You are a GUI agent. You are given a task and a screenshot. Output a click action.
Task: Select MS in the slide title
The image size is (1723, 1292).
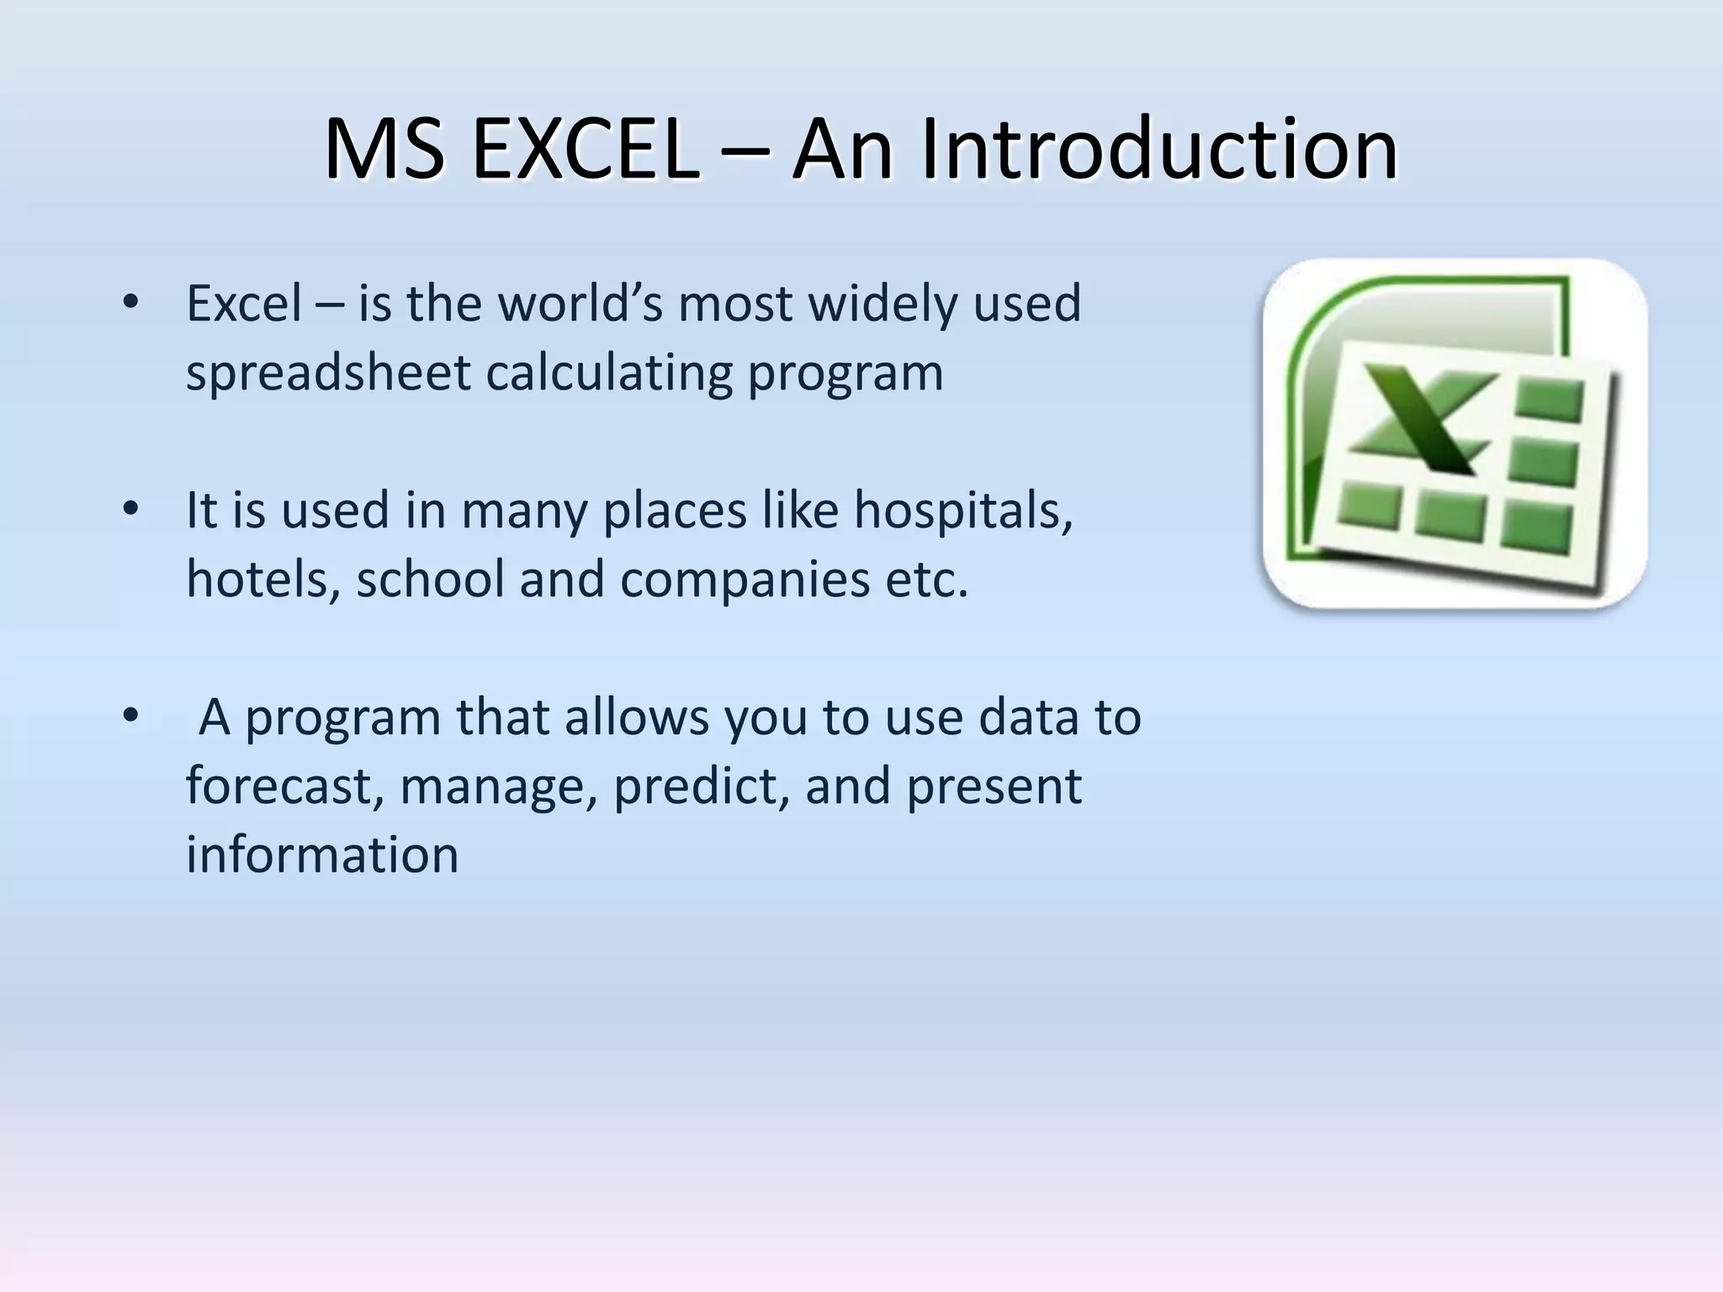click(x=384, y=150)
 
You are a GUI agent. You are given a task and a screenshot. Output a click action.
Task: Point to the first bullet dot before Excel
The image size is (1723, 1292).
click(x=130, y=302)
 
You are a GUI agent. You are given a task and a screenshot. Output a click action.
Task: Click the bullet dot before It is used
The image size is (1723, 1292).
click(x=130, y=510)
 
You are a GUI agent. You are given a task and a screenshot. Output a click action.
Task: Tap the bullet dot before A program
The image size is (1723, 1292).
click(x=130, y=717)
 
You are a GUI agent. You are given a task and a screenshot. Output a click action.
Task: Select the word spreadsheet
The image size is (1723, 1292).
click(x=327, y=373)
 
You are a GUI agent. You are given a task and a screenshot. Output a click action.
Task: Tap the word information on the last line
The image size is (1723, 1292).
click(x=321, y=855)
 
